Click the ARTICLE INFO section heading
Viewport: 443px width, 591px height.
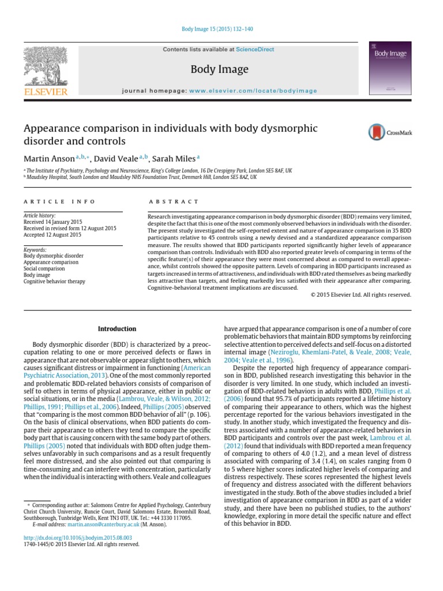coord(52,201)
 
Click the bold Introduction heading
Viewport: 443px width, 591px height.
coord(117,329)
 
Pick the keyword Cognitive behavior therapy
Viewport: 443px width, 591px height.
coord(54,282)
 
